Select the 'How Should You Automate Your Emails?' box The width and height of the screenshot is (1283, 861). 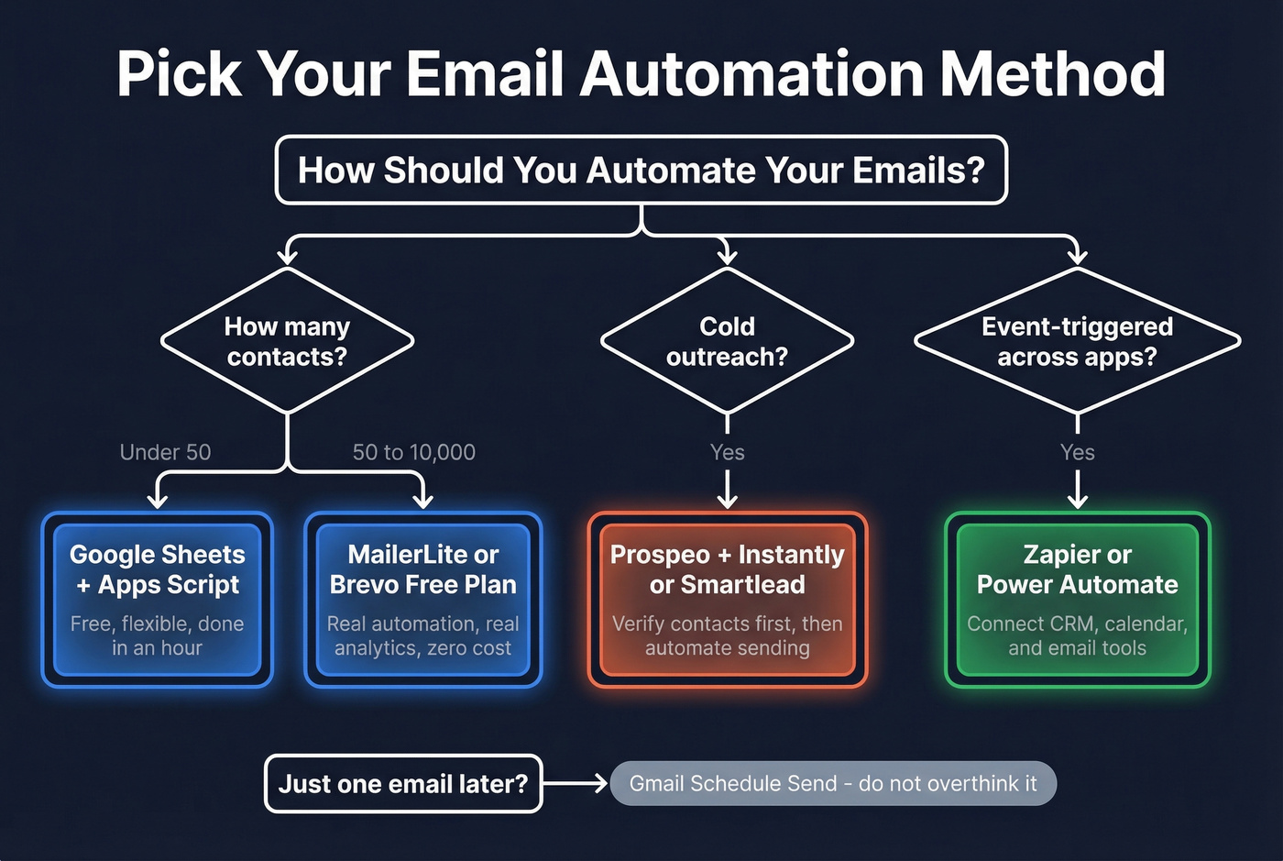(641, 171)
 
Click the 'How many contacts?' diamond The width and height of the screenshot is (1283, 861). (287, 341)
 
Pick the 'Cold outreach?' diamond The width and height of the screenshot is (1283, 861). (727, 341)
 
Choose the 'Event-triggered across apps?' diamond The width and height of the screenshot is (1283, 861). (1077, 341)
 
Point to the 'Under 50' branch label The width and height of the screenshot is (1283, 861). (165, 452)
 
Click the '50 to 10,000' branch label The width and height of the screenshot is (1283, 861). (413, 452)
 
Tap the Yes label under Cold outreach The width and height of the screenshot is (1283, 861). (727, 452)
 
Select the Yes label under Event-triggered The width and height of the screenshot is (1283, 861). (1077, 452)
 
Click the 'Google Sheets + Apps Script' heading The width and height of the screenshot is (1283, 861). (158, 569)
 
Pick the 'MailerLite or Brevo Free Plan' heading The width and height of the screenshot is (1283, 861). (422, 569)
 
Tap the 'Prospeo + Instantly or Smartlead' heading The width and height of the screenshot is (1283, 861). (727, 569)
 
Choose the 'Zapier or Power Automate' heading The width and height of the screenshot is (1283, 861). (1077, 569)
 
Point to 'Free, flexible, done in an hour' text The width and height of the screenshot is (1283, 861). (158, 635)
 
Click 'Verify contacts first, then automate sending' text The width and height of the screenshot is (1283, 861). (727, 635)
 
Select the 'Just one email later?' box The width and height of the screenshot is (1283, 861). (403, 784)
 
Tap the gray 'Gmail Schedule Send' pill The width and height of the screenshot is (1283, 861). (832, 784)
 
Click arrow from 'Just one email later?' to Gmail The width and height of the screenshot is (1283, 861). (576, 783)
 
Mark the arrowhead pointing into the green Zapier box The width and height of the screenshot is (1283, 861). (1078, 501)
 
